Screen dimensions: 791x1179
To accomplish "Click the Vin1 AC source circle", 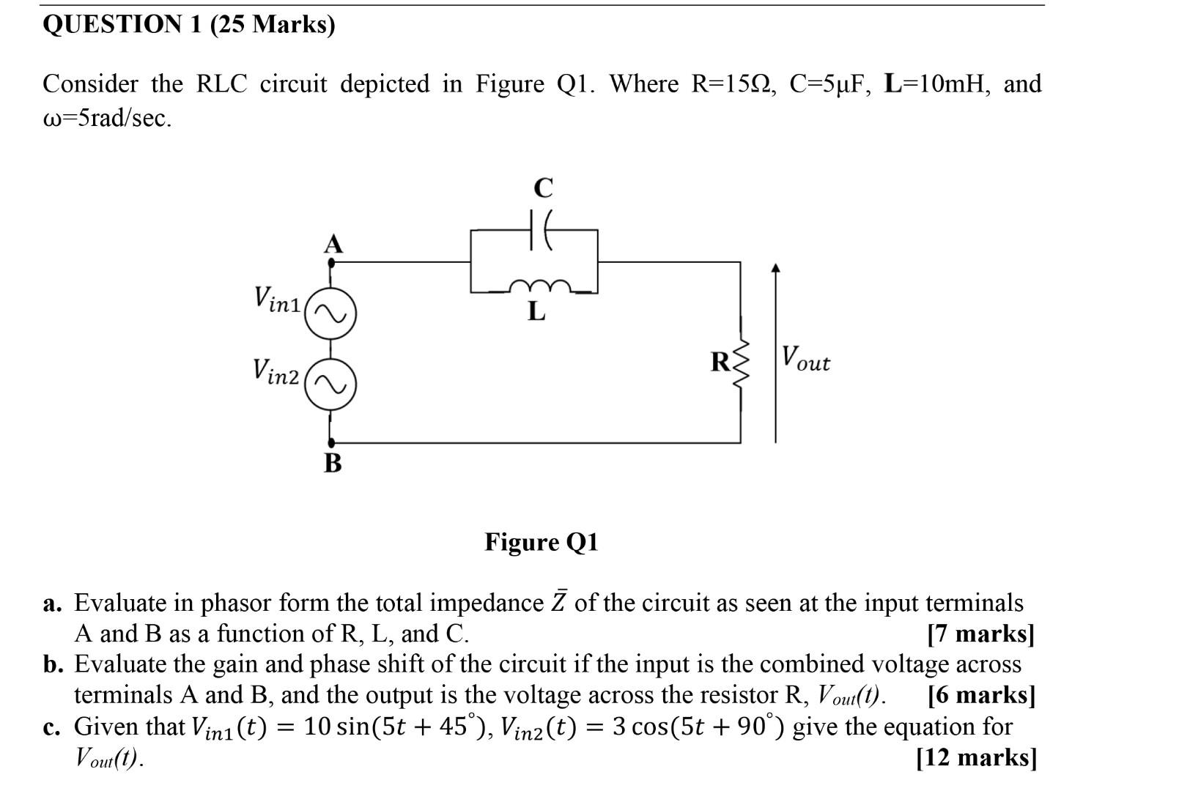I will [330, 314].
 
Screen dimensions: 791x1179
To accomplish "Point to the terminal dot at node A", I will [331, 260].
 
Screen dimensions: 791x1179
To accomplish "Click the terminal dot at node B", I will [331, 442].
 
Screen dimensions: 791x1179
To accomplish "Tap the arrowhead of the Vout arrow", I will [776, 270].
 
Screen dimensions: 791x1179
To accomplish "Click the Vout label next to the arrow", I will [805, 358].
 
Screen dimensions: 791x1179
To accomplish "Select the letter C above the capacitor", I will [543, 188].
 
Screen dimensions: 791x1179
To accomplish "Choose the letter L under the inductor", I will [537, 312].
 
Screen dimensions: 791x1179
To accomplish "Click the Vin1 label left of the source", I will [277, 299].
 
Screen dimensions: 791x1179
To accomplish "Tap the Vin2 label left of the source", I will [276, 371].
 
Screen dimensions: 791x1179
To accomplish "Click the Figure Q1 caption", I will [541, 542].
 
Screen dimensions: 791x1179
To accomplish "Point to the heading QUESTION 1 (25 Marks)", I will [189, 25].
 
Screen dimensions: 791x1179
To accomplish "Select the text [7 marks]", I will [980, 634].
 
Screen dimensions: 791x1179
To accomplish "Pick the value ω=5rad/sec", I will [108, 119].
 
